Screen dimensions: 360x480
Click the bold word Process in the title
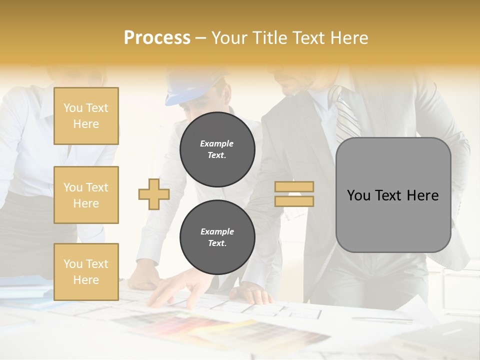[x=157, y=38]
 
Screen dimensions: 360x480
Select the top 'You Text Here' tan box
[x=86, y=116]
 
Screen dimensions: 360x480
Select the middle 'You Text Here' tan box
[x=86, y=195]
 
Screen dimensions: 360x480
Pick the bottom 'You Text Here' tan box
[x=86, y=271]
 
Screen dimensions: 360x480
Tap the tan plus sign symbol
[x=154, y=194]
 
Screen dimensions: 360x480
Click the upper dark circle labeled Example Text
[x=217, y=149]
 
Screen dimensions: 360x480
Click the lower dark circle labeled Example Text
[x=217, y=237]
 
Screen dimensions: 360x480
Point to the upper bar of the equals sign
[x=294, y=187]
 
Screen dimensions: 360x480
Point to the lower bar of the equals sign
[x=294, y=201]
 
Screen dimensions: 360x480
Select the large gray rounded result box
[x=393, y=195]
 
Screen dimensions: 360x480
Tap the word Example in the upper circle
[x=217, y=143]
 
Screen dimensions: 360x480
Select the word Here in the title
[x=348, y=38]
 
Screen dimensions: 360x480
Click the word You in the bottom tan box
[x=73, y=263]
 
